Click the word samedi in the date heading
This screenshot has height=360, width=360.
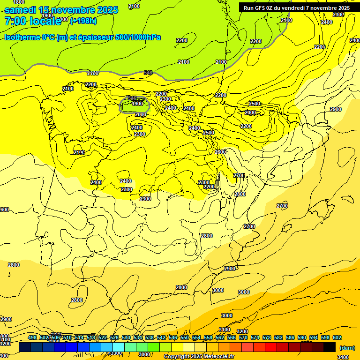21,10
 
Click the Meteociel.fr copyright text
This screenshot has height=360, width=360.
199,357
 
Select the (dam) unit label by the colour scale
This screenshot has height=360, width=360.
347,348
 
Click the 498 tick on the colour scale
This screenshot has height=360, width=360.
32,337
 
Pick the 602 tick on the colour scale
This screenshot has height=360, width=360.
337,337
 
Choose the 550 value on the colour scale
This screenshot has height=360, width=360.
184,337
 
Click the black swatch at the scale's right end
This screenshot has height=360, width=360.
330,347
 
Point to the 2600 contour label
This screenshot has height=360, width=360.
220,152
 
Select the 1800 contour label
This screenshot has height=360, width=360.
19,2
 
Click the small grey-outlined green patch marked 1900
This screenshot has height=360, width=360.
135,105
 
